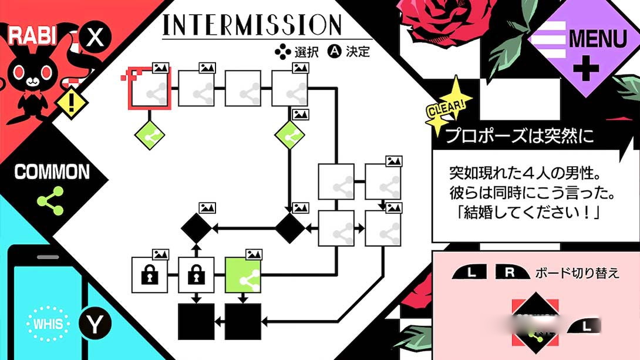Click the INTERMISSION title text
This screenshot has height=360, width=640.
pos(252,25)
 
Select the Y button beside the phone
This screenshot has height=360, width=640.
pos(95,324)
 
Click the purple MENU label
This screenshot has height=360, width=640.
pos(598,39)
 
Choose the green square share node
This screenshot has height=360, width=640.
pos(243,274)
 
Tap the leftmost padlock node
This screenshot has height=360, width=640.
pos(149,274)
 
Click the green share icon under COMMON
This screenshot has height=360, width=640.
pos(51,200)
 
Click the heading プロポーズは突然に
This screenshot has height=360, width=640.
pos(519,136)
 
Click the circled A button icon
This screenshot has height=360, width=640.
pos(334,52)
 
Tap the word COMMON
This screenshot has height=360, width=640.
pos(52,172)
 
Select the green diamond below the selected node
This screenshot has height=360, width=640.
pos(149,134)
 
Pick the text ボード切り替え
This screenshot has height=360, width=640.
pos(577,273)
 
